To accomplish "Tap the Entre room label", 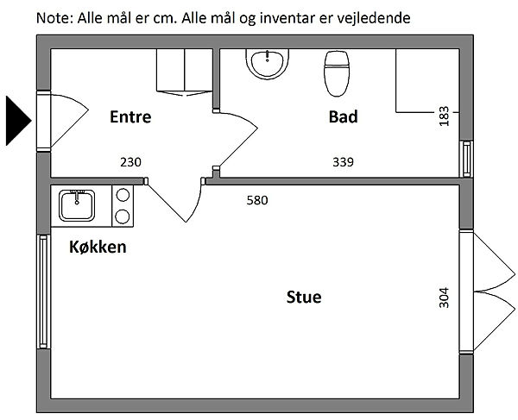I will (130, 116).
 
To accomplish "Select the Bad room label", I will (343, 116).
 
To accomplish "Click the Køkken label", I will (98, 248).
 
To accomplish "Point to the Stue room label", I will (304, 298).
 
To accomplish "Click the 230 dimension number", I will (130, 161).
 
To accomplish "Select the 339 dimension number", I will (344, 161).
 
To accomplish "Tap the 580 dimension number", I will (257, 201).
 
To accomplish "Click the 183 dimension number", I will (444, 116).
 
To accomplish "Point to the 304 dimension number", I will (444, 298).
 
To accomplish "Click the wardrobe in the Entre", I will (184, 70).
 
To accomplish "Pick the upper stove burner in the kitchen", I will (123, 197).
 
